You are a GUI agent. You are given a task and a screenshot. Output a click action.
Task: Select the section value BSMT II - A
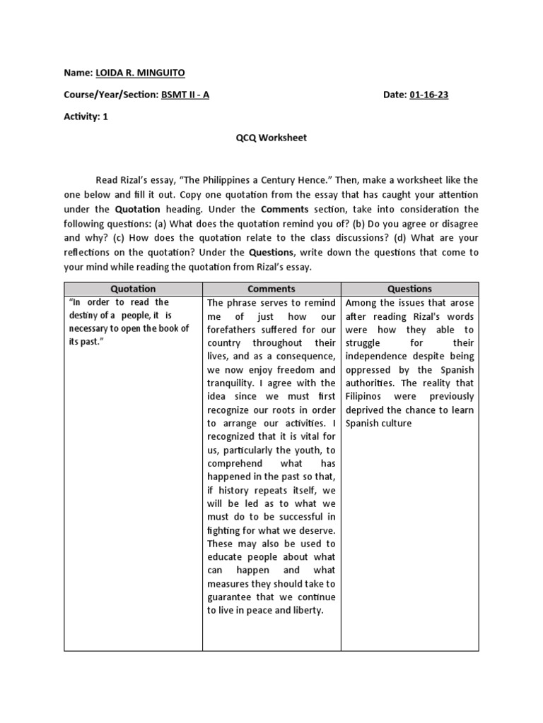tap(185, 95)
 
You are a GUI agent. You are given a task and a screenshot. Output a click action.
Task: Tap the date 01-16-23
tap(428, 95)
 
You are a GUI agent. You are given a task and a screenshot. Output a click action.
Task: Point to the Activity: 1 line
tap(86, 118)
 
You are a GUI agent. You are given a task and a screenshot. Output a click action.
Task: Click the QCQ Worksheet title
tap(271, 138)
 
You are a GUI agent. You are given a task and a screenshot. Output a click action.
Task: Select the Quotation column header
tap(133, 289)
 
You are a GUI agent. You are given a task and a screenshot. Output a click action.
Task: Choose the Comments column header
tap(271, 289)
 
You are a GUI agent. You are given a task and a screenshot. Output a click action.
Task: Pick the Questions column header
tap(409, 289)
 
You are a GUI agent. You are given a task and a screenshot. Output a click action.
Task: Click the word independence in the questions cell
tap(380, 357)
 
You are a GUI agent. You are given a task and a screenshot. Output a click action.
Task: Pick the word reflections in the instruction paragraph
tap(92, 238)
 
